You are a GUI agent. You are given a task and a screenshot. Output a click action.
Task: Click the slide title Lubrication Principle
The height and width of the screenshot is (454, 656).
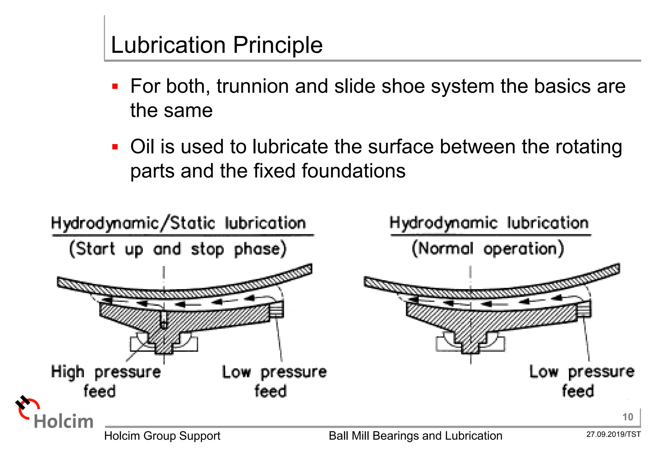(x=217, y=45)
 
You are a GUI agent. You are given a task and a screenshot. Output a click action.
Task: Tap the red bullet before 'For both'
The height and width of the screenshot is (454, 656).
(x=115, y=86)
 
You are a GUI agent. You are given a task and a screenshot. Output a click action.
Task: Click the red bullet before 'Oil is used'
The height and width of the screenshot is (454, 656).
(x=115, y=147)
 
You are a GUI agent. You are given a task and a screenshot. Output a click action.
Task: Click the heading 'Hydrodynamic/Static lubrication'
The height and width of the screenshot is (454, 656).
(x=179, y=223)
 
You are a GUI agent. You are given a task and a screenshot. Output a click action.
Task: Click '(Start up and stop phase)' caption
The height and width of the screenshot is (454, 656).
(x=178, y=249)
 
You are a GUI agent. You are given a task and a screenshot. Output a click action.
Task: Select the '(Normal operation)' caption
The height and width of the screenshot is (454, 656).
(x=488, y=249)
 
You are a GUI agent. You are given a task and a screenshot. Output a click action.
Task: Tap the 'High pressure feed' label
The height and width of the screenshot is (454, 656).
(x=106, y=381)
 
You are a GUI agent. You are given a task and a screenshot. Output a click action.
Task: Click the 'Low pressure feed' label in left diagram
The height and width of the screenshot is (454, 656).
(x=274, y=381)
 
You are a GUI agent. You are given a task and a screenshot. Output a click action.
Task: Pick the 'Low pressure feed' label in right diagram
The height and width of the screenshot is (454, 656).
(x=581, y=381)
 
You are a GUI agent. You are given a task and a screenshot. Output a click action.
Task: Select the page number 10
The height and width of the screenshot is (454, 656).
(x=627, y=417)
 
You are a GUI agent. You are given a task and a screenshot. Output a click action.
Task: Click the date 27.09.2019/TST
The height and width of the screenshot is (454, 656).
(x=613, y=434)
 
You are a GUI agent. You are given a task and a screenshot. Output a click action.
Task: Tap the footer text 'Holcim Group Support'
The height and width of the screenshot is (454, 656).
(x=162, y=436)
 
